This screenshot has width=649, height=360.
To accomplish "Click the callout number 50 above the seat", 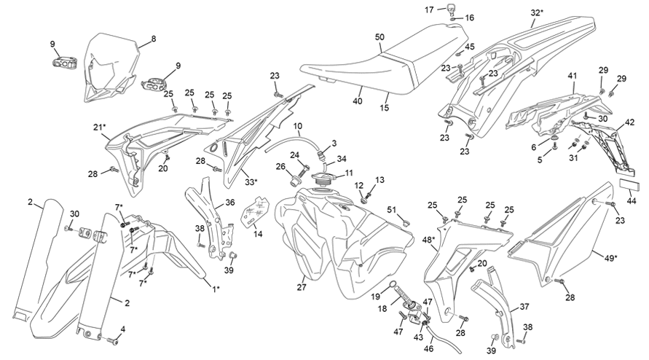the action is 379,37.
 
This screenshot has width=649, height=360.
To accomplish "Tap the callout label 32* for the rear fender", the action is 537,13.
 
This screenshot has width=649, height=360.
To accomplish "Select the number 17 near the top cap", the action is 429,9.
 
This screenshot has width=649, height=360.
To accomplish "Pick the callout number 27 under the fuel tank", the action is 302,286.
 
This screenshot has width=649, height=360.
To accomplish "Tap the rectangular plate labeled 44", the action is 629,184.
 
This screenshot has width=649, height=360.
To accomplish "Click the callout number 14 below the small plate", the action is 258,234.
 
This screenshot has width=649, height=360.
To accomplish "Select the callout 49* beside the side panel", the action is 610,258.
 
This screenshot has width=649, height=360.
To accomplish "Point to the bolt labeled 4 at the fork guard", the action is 112,341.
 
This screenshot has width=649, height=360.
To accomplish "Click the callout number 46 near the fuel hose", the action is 429,349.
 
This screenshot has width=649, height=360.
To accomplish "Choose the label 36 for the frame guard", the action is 229,202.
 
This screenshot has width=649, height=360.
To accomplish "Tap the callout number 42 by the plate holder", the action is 629,122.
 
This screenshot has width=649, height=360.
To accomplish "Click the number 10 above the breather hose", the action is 298,125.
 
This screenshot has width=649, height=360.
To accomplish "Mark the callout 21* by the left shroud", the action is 99,128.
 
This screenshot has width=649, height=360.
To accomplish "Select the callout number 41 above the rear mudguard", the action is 572,76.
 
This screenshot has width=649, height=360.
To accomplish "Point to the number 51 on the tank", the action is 392,210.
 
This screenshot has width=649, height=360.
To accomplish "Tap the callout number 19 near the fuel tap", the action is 375,297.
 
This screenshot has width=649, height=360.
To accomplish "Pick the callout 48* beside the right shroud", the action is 428,240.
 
